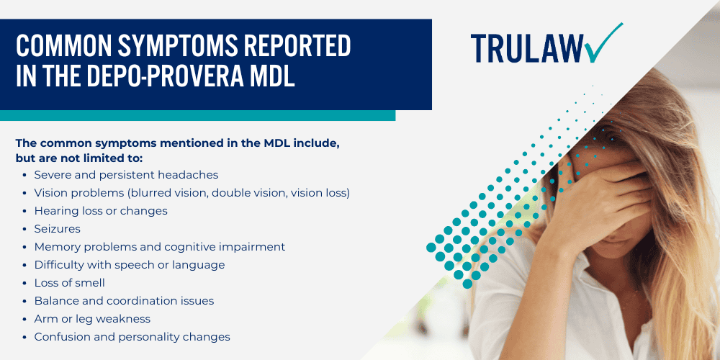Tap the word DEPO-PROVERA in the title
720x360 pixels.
[161, 76]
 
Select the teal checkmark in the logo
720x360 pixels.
[603, 42]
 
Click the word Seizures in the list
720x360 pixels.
[57, 229]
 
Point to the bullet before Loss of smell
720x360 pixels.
[26, 283]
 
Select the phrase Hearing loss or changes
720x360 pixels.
[101, 211]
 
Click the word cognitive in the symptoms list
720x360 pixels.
[191, 247]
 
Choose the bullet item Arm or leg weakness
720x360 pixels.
[92, 319]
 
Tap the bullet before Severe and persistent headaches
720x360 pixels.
[26, 175]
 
